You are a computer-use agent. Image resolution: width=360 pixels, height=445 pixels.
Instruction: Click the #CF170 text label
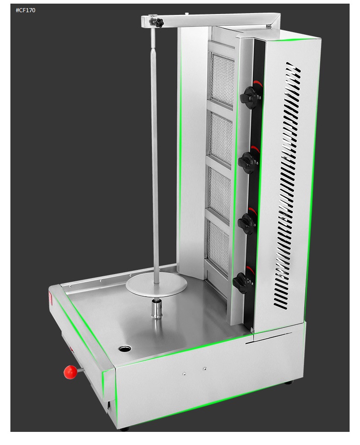25,10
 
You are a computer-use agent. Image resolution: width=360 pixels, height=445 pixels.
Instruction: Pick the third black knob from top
247,222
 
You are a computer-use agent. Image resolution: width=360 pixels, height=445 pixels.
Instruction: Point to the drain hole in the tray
125,349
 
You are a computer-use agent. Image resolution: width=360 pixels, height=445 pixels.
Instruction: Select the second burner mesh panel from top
221,138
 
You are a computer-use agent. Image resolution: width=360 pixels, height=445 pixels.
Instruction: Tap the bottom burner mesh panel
218,247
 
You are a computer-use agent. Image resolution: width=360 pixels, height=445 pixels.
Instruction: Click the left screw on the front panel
184,374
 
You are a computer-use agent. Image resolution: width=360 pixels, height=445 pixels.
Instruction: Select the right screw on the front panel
205,368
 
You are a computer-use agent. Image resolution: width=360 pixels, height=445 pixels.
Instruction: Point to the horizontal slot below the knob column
269,338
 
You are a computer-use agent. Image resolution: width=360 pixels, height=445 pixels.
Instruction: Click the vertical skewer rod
155,158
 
